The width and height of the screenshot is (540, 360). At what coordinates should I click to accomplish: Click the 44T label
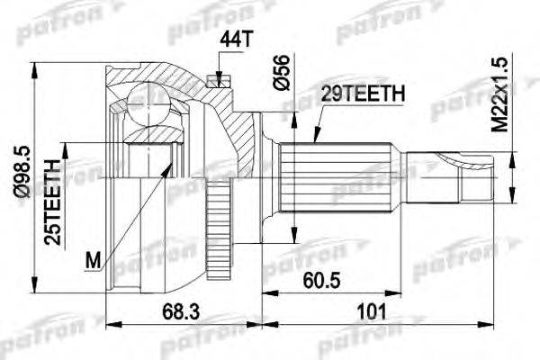click(230, 39)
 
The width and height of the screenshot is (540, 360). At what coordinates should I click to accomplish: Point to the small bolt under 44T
click(217, 79)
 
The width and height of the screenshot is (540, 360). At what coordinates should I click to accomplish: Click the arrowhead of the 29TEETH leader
click(316, 141)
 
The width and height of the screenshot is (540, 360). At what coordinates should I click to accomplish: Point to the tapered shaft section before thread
click(432, 171)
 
